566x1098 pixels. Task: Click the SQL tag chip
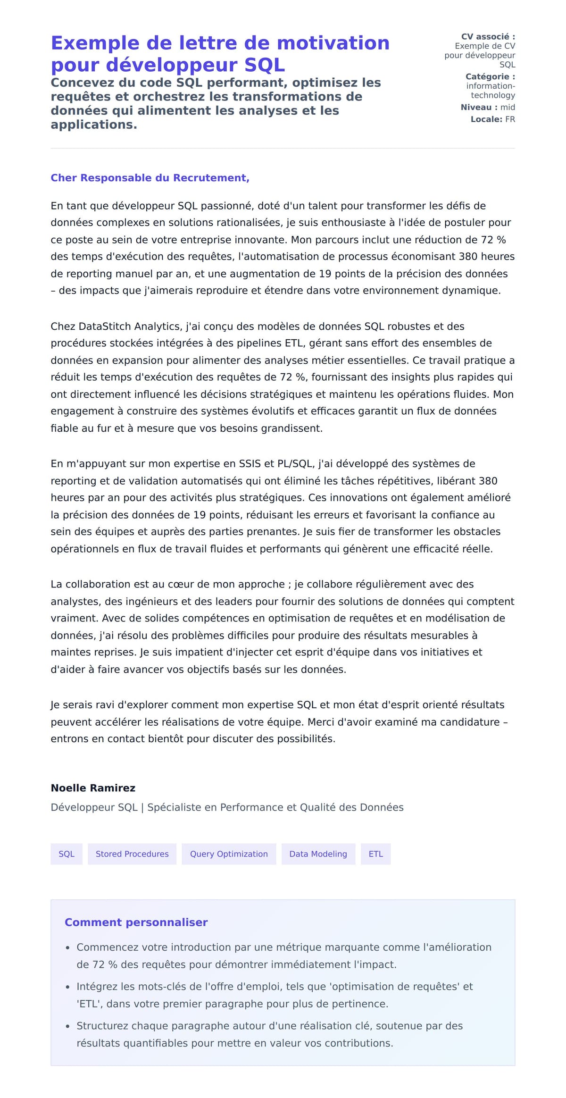(x=67, y=854)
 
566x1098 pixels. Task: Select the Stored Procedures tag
(x=132, y=854)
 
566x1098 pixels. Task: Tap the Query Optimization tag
(x=229, y=854)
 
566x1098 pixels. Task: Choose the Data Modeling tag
(x=318, y=854)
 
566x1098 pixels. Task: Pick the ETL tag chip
(x=376, y=854)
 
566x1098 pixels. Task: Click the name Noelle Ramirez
(x=93, y=788)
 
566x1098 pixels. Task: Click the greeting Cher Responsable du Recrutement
(x=150, y=178)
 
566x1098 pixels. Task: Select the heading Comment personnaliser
(x=136, y=922)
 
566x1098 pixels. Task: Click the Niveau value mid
(x=508, y=107)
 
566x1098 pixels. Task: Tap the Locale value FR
(x=510, y=119)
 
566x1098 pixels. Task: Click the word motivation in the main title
(x=333, y=43)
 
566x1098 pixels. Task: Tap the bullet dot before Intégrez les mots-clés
(x=68, y=987)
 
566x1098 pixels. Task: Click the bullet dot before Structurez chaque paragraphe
(x=68, y=1026)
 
